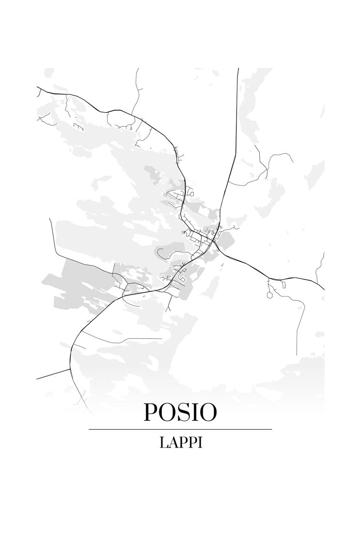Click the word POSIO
click(x=180, y=412)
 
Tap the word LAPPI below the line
click(x=180, y=442)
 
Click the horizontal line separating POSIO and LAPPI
click(x=180, y=429)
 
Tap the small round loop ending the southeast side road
click(x=269, y=295)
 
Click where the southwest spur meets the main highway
click(x=70, y=368)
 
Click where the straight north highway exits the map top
click(x=239, y=69)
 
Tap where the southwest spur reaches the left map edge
click(x=37, y=379)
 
